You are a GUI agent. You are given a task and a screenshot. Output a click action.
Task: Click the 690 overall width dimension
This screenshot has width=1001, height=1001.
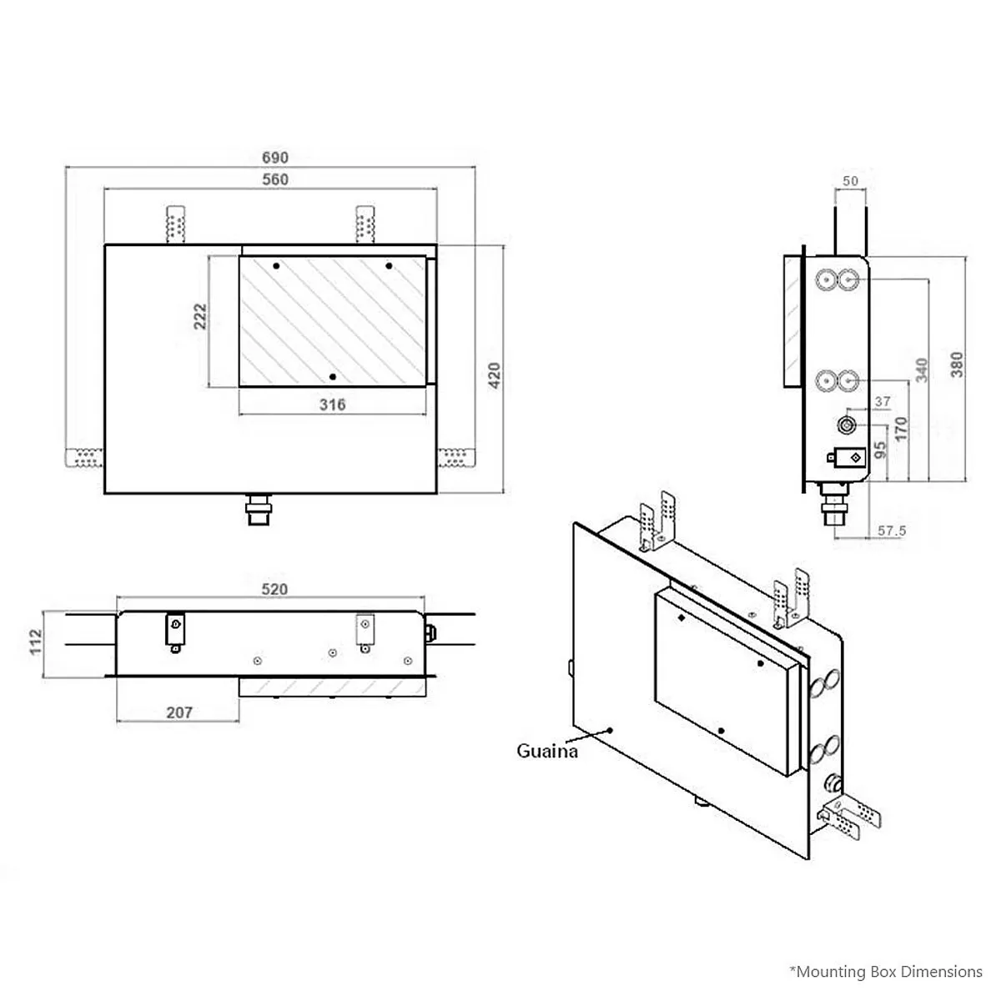274,158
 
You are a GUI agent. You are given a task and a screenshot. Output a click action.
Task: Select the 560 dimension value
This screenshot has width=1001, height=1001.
274,179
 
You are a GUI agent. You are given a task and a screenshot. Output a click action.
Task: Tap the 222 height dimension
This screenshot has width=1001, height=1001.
200,317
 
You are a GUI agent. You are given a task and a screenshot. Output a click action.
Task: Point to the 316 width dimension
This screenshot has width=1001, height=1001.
332,405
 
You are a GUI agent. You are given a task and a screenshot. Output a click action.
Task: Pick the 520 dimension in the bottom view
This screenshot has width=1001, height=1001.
274,589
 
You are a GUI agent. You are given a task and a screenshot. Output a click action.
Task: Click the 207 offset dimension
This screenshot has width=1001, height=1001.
179,712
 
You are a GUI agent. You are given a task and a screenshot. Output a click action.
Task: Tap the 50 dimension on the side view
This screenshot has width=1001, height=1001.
850,181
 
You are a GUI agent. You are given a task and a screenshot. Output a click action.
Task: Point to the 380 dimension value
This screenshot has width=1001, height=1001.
957,364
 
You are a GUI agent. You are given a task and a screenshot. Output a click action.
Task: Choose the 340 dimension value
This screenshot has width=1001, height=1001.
922,370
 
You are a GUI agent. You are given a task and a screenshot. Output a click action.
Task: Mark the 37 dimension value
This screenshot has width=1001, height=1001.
883,402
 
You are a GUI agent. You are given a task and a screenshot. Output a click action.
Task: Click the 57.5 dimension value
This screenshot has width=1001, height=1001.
893,531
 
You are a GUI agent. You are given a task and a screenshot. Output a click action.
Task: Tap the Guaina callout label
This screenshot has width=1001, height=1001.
547,751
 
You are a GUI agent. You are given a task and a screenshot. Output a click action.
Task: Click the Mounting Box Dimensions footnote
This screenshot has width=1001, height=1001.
886,971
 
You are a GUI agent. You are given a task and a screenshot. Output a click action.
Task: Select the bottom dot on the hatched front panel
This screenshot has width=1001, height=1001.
332,378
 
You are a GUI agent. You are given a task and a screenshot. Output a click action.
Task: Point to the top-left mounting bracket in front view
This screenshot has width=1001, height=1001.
175,224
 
